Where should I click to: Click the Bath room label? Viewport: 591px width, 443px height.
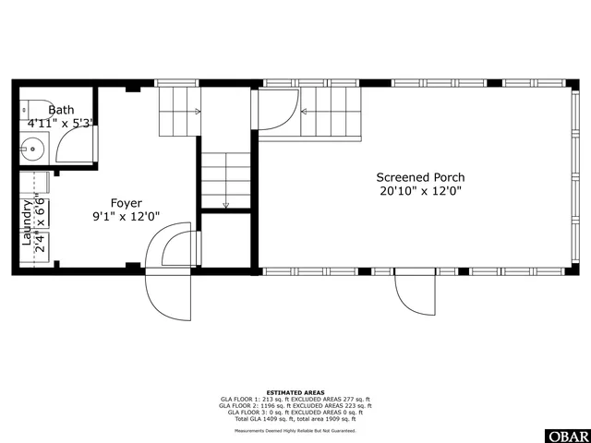[60, 109]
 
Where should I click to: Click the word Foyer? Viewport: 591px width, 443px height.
[127, 203]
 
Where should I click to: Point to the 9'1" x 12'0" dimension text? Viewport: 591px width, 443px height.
[127, 217]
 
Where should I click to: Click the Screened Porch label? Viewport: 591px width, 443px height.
[420, 177]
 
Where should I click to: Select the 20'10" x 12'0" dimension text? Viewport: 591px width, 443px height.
[420, 191]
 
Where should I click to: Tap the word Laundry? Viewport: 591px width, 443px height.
[27, 221]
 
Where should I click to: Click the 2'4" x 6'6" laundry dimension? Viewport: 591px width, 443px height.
[42, 221]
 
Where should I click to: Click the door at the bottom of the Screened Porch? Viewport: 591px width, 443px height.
[415, 295]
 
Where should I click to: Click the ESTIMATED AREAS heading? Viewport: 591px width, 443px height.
[295, 391]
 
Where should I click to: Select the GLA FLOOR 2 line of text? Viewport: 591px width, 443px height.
[295, 405]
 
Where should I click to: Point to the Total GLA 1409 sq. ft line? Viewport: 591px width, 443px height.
[295, 419]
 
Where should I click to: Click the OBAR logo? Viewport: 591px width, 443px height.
[567, 435]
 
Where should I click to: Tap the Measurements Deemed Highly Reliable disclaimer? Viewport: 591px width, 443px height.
[295, 430]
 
